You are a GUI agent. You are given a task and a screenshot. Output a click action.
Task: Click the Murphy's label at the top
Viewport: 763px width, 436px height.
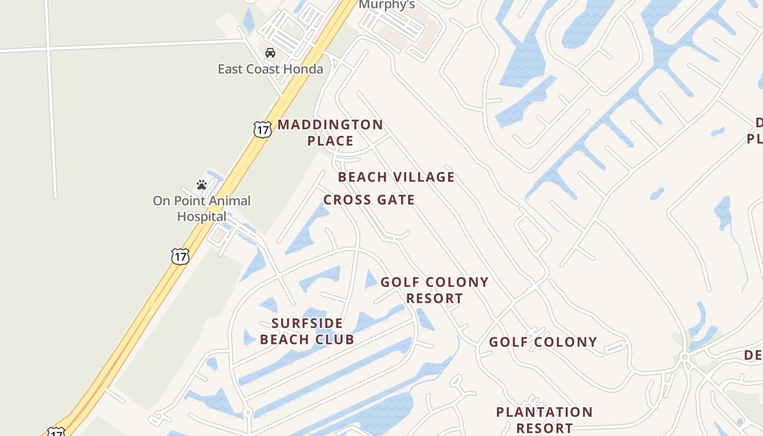tap(387, 5)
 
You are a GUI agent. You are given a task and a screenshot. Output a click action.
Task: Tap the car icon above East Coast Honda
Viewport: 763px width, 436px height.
tap(270, 53)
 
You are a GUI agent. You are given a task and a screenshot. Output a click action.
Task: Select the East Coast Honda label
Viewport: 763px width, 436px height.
tap(270, 69)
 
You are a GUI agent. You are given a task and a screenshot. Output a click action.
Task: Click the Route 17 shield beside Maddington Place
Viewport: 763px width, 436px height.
tap(262, 130)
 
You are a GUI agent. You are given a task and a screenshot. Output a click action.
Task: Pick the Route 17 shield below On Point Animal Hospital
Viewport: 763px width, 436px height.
tap(180, 256)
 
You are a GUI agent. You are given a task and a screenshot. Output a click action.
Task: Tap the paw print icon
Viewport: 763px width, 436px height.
tap(202, 185)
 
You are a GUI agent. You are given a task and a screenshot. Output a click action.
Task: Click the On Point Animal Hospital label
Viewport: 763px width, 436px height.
tap(202, 208)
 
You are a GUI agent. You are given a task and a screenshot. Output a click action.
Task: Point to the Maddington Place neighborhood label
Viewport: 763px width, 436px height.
tap(330, 132)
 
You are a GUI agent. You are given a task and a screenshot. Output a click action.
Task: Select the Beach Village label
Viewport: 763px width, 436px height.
tap(396, 177)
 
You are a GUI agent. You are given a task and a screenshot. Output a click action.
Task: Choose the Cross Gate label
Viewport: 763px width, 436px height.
tap(369, 200)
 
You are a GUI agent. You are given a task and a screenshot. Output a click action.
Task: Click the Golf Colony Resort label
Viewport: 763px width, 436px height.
tap(434, 290)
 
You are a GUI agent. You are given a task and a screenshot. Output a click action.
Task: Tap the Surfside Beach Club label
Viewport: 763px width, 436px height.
tap(307, 331)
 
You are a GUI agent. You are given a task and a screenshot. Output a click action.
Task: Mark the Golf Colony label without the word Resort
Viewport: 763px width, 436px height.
tap(543, 342)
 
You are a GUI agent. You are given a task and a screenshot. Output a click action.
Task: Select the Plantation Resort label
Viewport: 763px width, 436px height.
tap(544, 420)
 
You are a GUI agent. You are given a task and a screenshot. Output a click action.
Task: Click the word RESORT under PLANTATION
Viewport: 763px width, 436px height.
tap(544, 428)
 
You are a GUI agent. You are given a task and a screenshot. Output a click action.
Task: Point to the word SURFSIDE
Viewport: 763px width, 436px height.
tap(307, 323)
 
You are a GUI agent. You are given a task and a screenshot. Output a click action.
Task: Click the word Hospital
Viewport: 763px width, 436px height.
tap(202, 216)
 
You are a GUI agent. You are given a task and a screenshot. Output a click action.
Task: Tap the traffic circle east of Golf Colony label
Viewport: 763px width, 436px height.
tap(685, 357)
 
